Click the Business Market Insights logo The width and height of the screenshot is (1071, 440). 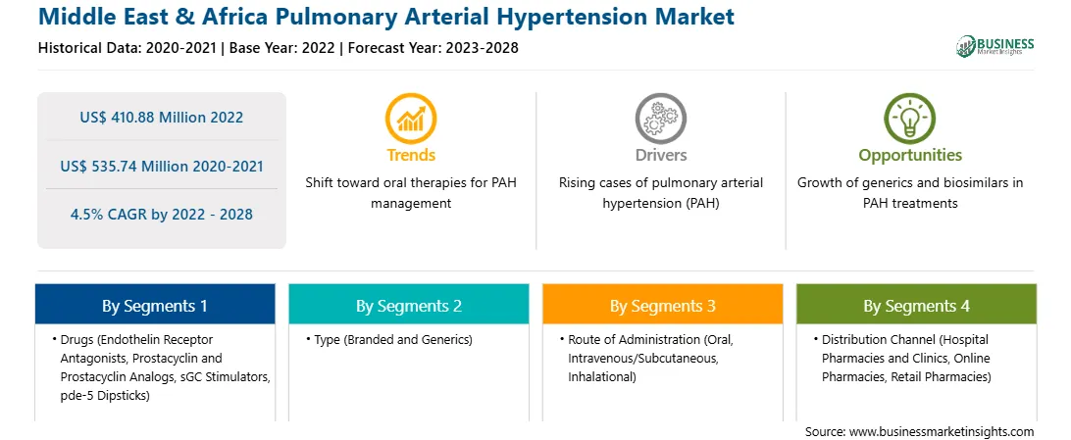994,46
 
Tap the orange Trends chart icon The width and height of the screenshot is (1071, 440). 411,119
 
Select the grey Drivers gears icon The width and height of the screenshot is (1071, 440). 660,119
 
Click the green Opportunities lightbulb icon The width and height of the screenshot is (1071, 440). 910,119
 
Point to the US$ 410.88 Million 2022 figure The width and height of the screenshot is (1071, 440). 161,118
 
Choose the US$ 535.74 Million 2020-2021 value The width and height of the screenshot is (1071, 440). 161,166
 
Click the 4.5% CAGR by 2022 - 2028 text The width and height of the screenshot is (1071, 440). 161,215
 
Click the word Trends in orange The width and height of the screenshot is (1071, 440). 411,155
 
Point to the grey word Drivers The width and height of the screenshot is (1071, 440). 660,155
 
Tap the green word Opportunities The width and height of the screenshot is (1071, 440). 910,156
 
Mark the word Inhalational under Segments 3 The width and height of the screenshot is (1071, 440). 602,376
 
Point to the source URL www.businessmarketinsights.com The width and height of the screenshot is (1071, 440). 942,431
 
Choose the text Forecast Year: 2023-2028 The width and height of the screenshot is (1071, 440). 433,48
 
